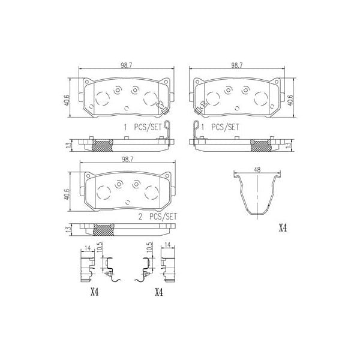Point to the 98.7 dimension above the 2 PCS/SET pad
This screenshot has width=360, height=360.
tap(125, 160)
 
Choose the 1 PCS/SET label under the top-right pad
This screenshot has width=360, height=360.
tap(221, 127)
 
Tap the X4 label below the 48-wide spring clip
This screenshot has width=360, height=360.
tap(283, 229)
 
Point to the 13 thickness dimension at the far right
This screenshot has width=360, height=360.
tap(290, 145)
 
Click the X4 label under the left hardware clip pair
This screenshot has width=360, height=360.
tap(94, 292)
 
